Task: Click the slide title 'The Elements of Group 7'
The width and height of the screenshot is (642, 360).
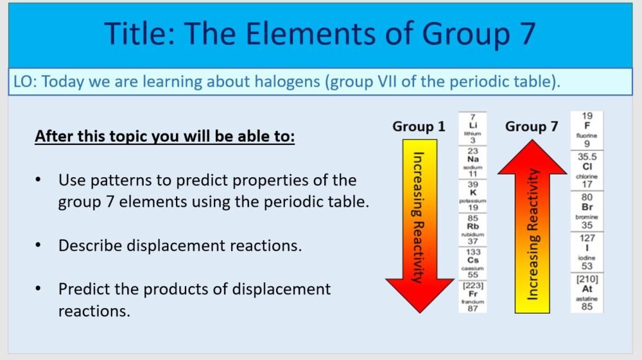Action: pos(320,33)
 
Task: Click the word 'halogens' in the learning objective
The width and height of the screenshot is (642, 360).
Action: pos(263,82)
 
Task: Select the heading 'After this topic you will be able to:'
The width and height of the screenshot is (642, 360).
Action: pos(164,137)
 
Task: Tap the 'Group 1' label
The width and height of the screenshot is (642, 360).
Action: pos(419,126)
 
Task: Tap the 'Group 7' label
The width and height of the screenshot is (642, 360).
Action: pos(532,126)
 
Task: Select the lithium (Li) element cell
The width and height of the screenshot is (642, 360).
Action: pos(473,129)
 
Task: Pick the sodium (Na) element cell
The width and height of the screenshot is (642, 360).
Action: pos(473,162)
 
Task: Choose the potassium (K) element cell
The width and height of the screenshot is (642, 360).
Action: pos(473,196)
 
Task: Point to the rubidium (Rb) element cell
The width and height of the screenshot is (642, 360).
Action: pos(473,229)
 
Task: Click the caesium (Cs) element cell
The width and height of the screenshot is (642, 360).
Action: pos(473,262)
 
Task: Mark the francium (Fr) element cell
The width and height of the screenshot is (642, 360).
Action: pos(473,296)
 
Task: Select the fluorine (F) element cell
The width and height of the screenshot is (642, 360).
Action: pos(587,130)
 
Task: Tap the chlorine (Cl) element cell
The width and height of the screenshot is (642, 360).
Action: pos(587,171)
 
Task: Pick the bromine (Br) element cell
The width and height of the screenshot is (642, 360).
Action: pos(587,211)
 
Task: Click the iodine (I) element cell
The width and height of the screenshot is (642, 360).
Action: pos(587,252)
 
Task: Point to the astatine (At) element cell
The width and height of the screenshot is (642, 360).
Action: pos(587,292)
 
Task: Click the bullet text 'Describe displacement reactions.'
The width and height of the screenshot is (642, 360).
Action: pos(180,245)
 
